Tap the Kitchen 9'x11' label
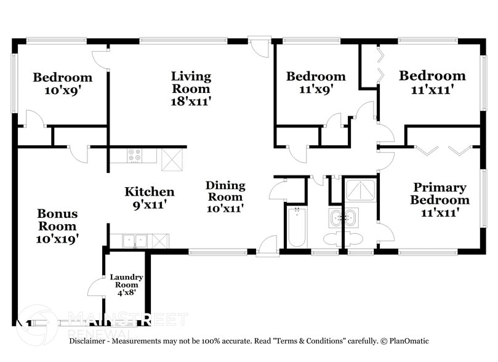150,198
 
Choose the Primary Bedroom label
440,193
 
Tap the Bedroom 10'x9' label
63,83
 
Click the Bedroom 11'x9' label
316,82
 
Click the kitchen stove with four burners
134,156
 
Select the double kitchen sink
134,241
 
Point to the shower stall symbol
360,191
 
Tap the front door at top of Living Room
259,48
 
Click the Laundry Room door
97,286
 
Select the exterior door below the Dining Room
267,245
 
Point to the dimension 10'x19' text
57,236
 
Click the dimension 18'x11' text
191,100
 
